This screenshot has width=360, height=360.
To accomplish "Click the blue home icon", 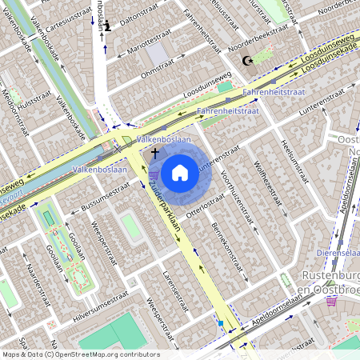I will click(x=180, y=172).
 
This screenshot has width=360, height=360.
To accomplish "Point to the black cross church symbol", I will click(x=154, y=151).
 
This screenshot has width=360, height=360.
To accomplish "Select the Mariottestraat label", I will click(x=144, y=47).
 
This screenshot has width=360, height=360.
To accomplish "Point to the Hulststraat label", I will click(x=34, y=102).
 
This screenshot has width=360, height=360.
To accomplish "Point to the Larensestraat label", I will click(x=175, y=289).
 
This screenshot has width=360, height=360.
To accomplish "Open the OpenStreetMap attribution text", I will click(x=80, y=354).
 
